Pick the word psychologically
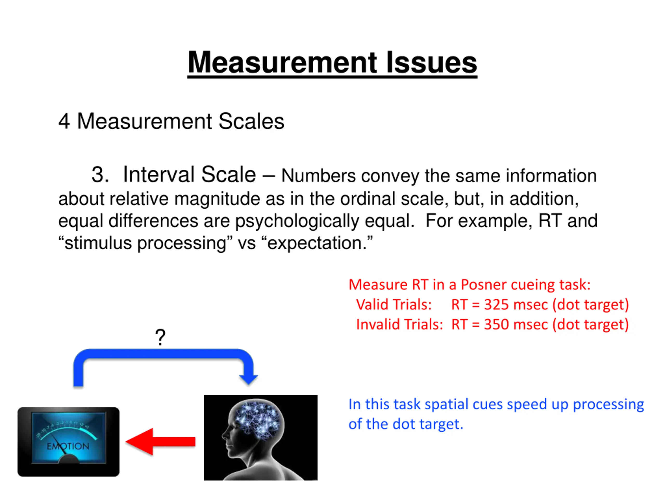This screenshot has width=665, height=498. (x=297, y=221)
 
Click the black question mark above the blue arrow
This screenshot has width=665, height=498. (x=160, y=337)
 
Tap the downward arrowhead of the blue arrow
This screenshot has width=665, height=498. (x=248, y=379)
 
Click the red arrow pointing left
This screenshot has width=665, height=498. (x=161, y=441)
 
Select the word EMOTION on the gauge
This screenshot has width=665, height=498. (x=68, y=446)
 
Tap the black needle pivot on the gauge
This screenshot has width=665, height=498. (x=69, y=459)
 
